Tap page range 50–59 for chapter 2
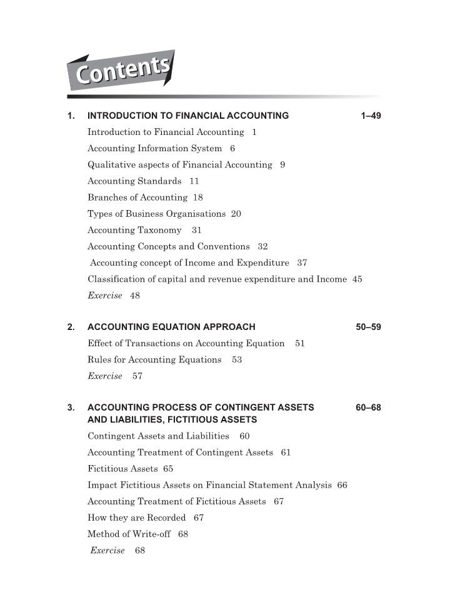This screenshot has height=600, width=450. [368, 327]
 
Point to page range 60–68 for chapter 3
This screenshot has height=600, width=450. [368, 408]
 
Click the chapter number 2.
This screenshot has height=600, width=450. [71, 327]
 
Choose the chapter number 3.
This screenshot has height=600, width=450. [71, 408]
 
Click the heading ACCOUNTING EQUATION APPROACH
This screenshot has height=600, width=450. [171, 327]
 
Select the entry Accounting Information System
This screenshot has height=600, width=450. [154, 149]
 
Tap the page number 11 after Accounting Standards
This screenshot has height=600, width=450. [194, 181]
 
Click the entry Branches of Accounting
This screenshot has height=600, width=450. [137, 197]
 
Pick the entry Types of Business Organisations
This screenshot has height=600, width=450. [156, 214]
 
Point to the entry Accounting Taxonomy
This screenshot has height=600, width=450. [134, 230]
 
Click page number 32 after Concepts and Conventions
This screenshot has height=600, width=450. [262, 246]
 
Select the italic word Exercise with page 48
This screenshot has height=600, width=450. [104, 296]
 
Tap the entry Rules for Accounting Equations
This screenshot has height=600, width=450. [154, 360]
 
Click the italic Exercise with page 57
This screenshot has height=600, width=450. [104, 376]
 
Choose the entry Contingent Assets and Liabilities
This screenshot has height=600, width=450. [158, 436]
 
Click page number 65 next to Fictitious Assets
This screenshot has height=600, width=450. [168, 469]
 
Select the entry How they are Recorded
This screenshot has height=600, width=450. [136, 517]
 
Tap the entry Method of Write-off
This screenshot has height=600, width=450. [129, 534]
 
